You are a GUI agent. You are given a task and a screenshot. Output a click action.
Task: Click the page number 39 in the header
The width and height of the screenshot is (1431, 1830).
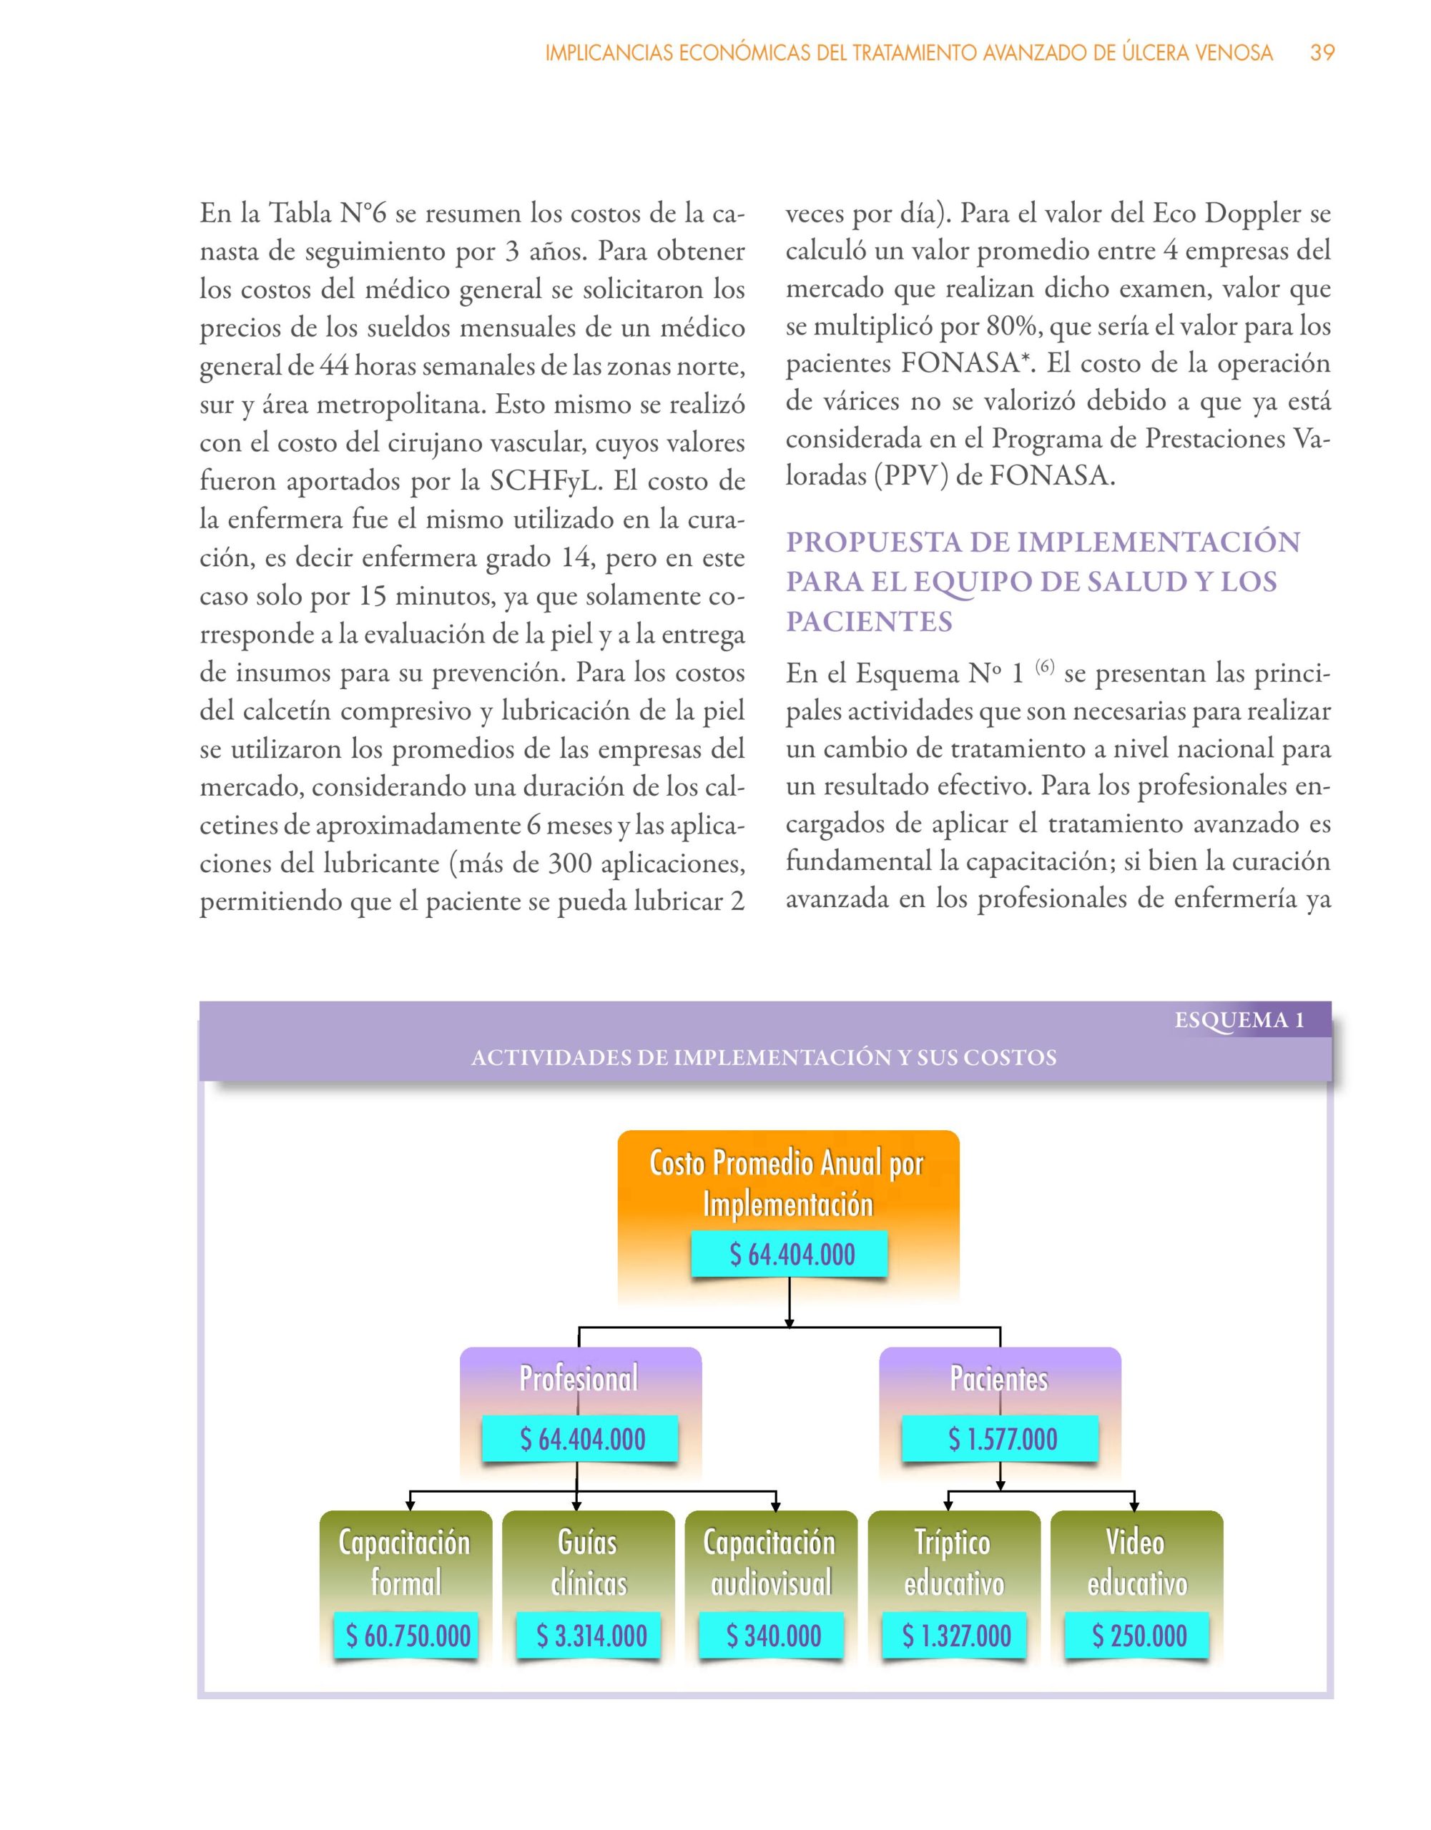coord(1322,53)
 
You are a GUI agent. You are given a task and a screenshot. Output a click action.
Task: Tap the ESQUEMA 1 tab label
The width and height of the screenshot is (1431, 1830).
coord(1239,1020)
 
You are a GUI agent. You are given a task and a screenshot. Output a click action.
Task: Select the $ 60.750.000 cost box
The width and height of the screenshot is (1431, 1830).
coord(408,1636)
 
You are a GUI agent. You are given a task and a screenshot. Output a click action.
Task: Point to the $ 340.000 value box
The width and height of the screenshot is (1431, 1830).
coord(773,1636)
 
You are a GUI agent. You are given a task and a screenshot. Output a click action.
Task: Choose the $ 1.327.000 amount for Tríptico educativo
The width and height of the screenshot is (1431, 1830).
coord(955,1636)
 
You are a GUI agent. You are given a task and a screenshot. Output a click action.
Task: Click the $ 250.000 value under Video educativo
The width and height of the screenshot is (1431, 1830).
coord(1139,1636)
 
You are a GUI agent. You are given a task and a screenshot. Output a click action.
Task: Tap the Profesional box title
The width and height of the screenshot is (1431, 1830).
coord(579,1378)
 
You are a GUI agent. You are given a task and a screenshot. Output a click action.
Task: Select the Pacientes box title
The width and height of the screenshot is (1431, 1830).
coord(998,1378)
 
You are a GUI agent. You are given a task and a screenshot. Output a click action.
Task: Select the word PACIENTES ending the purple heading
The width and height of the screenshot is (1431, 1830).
coord(870,622)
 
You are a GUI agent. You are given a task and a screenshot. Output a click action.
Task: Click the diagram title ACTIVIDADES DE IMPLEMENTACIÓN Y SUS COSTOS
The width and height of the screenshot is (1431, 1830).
coord(764,1058)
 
